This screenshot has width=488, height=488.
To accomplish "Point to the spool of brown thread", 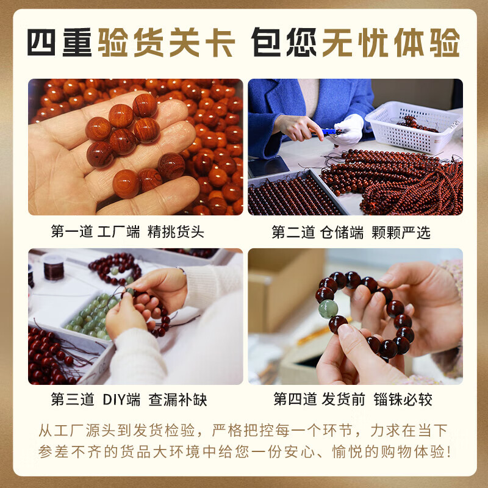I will pos(54,267).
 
